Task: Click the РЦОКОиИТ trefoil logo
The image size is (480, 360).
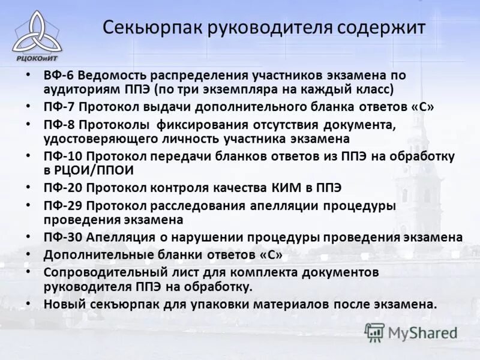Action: [37, 33]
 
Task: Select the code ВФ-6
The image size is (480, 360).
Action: [58, 76]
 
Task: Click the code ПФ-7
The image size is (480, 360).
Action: [58, 107]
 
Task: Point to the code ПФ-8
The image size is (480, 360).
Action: [58, 125]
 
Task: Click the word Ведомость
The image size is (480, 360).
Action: [112, 76]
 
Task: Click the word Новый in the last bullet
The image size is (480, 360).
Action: [62, 304]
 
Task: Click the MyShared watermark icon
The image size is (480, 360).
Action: [374, 332]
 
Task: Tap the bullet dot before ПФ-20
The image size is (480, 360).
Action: [28, 187]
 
